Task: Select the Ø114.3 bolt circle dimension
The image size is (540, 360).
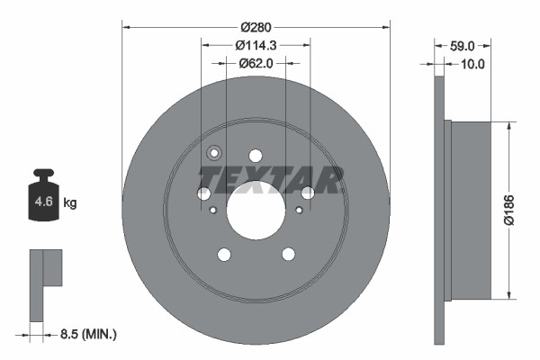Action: click(256, 45)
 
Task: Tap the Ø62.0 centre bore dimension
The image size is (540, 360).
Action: click(256, 63)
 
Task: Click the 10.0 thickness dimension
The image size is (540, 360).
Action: click(472, 64)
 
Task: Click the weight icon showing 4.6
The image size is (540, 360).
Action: click(43, 200)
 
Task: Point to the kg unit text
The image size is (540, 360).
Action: click(70, 203)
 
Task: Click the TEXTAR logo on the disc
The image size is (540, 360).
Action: click(271, 180)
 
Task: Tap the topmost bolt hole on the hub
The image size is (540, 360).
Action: click(256, 156)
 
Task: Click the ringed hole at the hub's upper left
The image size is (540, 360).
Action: click(215, 153)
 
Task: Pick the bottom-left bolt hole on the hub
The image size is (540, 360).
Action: click(224, 254)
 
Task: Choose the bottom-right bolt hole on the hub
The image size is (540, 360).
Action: click(288, 254)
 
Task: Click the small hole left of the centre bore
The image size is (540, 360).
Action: click(212, 211)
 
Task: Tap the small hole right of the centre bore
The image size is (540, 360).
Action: click(299, 211)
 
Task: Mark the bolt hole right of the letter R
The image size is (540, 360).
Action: click(308, 193)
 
